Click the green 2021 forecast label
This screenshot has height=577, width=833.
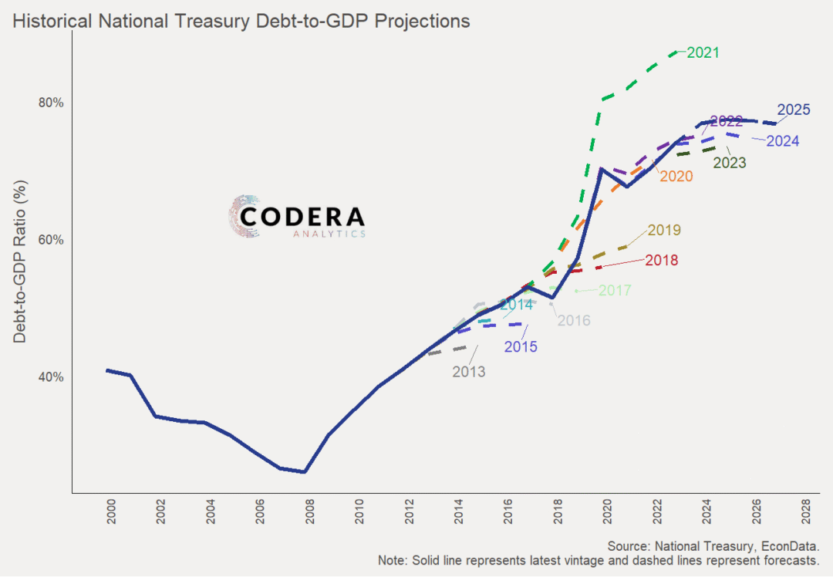[703, 53]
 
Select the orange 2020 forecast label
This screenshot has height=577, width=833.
[676, 176]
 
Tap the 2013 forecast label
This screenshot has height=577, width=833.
[469, 372]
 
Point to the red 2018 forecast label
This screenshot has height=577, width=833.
[662, 261]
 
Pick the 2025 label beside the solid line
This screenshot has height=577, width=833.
[794, 110]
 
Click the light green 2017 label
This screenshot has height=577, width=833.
[615, 291]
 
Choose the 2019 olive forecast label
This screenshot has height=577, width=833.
[664, 230]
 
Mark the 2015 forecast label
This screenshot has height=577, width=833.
[521, 347]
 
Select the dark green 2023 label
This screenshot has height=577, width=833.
[730, 163]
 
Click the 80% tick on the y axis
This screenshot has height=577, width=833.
[51, 103]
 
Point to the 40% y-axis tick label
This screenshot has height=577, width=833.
[51, 377]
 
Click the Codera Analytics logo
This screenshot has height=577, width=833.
[297, 217]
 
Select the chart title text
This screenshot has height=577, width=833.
[241, 21]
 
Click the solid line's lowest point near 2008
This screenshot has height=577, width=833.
[305, 472]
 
